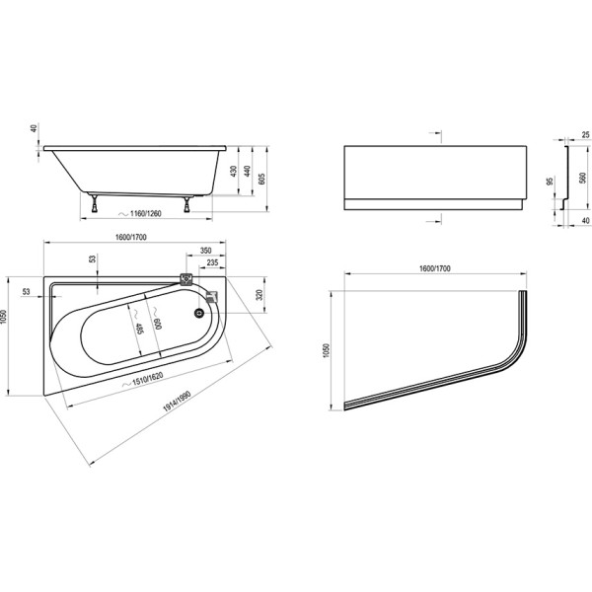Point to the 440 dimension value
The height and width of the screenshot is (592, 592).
[x=246, y=172]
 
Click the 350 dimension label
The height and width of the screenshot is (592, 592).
[x=206, y=251]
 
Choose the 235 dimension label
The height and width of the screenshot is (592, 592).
[x=212, y=263]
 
